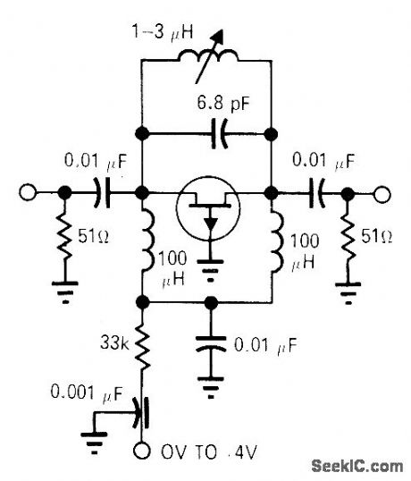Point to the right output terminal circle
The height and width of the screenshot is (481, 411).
tap(383, 191)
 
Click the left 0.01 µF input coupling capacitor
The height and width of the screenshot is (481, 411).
tap(105, 191)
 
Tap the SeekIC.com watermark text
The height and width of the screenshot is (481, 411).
tap(357, 465)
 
